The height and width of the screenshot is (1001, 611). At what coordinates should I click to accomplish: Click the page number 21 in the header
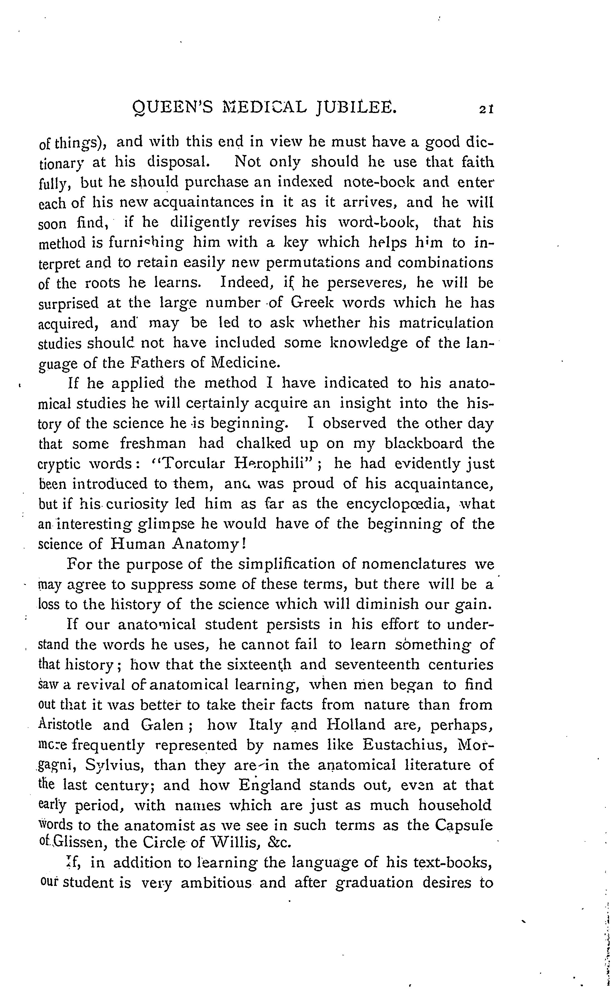[486, 109]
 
